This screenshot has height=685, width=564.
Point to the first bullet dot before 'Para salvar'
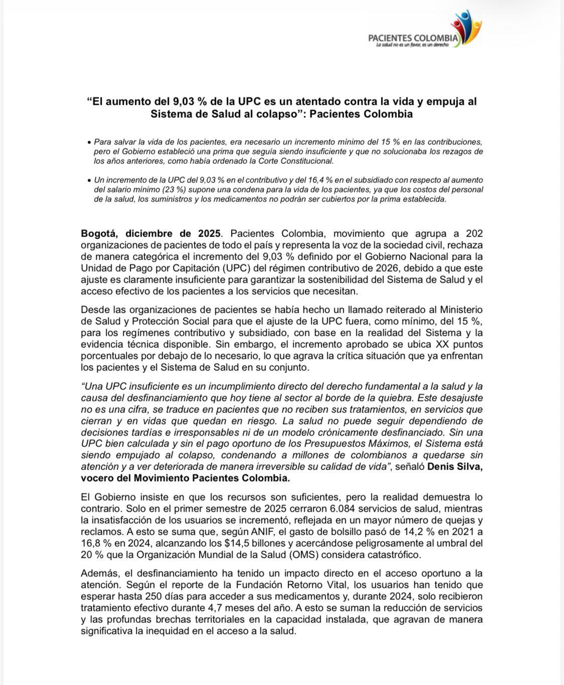pyautogui.click(x=89, y=143)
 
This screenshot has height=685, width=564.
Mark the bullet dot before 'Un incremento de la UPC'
pyautogui.click(x=89, y=180)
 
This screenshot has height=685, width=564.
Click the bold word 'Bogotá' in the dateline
pyautogui.click(x=100, y=234)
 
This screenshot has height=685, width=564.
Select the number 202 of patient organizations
pyautogui.click(x=474, y=234)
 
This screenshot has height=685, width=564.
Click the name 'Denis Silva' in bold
pyautogui.click(x=456, y=467)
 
